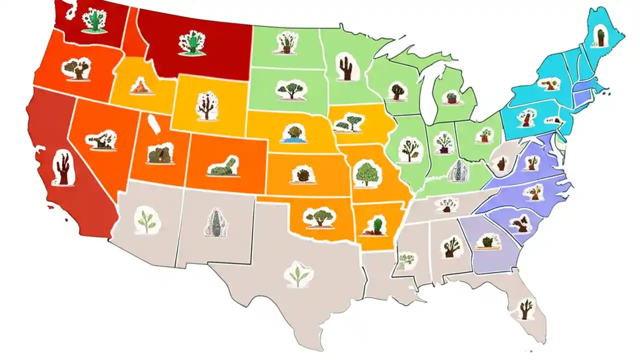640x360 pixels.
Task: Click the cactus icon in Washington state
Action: click(93, 21)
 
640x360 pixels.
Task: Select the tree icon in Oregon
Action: click(77, 69)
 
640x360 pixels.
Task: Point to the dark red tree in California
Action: click(63, 168)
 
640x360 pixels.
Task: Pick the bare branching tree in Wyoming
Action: click(205, 105)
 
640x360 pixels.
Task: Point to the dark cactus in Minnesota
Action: click(344, 68)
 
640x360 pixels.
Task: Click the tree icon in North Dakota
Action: click(285, 43)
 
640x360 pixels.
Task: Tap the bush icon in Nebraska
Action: click(293, 133)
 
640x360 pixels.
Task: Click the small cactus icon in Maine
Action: click(600, 36)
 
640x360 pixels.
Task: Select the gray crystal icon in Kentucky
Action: click(458, 170)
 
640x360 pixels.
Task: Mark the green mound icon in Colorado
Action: click(223, 166)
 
